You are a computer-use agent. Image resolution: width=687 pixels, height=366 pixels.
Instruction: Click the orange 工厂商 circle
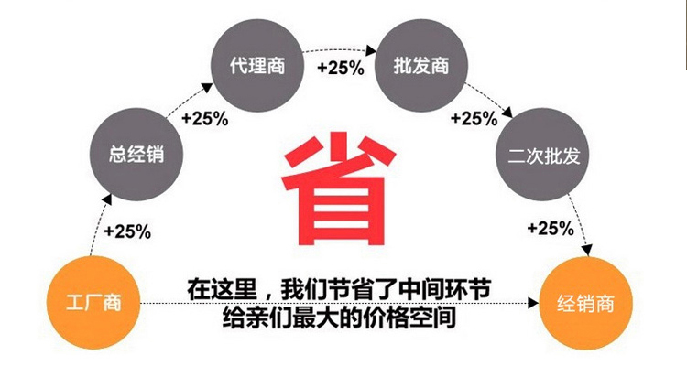click(93, 303)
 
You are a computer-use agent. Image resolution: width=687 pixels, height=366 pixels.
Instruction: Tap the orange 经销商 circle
click(585, 304)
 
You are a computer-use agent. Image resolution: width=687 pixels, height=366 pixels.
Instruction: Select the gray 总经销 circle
click(136, 154)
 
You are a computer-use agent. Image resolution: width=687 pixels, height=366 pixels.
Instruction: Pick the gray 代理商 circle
click(257, 65)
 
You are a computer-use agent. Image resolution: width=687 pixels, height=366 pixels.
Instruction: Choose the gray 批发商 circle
click(421, 65)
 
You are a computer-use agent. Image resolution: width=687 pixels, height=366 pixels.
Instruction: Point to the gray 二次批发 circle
click(542, 154)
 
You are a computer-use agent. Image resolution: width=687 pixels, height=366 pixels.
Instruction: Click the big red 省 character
click(339, 189)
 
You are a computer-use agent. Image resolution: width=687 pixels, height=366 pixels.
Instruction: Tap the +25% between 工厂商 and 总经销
click(127, 231)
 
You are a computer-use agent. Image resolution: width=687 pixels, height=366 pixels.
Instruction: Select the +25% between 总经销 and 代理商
click(204, 118)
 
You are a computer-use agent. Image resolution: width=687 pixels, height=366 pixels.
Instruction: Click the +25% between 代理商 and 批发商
click(341, 68)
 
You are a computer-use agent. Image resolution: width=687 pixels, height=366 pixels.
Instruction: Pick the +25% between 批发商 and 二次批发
click(474, 118)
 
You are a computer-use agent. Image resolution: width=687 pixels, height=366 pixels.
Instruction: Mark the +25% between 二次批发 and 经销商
click(551, 228)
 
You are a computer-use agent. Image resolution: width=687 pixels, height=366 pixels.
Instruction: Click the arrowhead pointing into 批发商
click(371, 50)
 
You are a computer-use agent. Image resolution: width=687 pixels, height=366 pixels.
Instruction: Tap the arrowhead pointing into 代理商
click(207, 87)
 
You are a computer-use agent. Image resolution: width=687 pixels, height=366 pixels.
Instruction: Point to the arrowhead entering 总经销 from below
click(106, 199)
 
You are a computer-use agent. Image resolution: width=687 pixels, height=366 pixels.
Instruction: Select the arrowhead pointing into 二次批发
click(507, 112)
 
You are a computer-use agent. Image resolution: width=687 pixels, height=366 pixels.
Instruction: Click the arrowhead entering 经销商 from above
click(587, 251)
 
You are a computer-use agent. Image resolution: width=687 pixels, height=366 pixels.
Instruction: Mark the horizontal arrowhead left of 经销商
click(533, 303)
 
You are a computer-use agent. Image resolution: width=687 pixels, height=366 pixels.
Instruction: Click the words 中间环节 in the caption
click(444, 289)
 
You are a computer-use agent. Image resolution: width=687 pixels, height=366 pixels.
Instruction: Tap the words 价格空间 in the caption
click(409, 317)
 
